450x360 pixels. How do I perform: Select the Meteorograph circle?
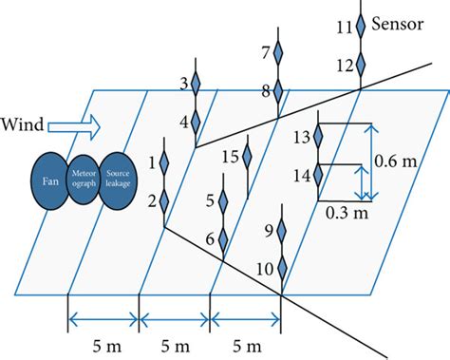86,180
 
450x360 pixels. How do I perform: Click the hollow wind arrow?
72,123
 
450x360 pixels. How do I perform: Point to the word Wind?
23,123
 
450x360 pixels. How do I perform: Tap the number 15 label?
229,157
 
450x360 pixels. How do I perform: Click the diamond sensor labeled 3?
197,85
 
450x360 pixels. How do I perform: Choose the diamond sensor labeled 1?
163,163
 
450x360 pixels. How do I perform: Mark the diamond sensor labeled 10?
282,269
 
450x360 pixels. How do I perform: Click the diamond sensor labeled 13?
319,138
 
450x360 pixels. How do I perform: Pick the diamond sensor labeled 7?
278,53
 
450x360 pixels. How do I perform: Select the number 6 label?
210,239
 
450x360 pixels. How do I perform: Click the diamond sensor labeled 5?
224,200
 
